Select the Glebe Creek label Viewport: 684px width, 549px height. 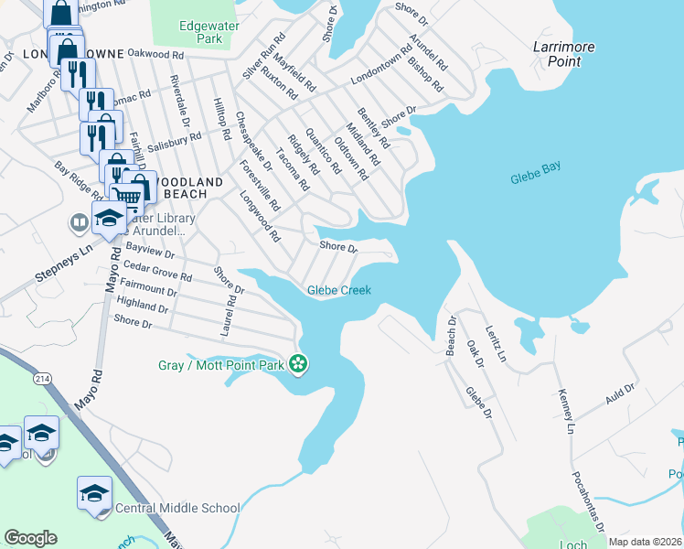[339, 290]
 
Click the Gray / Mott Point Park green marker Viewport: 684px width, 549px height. [297, 365]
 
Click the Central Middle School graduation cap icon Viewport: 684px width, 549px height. [94, 492]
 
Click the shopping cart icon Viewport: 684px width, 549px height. [128, 195]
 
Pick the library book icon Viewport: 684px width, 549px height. [79, 222]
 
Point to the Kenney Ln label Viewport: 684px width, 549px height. [564, 413]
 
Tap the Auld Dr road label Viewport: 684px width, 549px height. [619, 397]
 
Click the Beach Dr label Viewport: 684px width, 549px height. [451, 338]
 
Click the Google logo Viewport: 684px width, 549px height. [30, 538]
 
